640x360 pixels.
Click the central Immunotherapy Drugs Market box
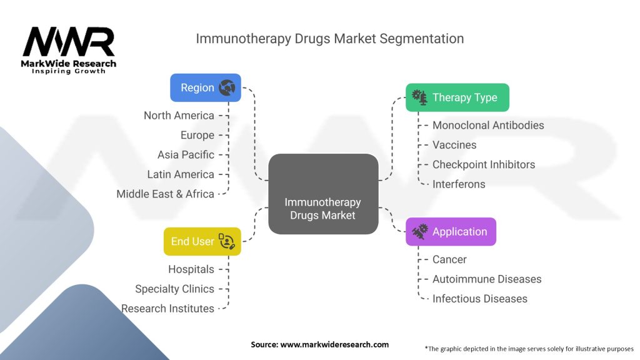(322, 194)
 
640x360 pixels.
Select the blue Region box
(206, 88)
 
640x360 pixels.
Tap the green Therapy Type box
(457, 97)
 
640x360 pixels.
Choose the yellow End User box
(202, 241)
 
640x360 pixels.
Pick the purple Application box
(451, 232)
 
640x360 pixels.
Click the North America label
(179, 116)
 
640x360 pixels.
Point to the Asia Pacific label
(186, 155)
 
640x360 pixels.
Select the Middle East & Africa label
(165, 194)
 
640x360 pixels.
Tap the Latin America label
(181, 174)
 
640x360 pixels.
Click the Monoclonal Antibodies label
(488, 126)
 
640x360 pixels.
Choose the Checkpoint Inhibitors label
(484, 165)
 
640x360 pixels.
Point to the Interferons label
(459, 184)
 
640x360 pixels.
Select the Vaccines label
(454, 145)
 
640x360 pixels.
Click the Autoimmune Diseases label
(487, 279)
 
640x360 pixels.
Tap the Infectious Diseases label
(480, 299)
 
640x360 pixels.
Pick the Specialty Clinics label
(174, 289)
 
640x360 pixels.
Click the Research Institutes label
(167, 309)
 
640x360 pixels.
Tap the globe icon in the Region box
(227, 88)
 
